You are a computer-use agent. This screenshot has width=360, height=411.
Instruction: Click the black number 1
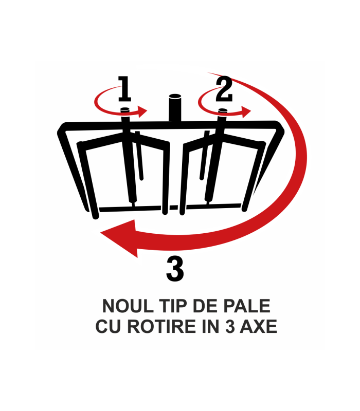point(124,88)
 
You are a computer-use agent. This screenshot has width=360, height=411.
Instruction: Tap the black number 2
point(224,88)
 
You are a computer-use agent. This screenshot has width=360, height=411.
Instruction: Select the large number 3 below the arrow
point(175,269)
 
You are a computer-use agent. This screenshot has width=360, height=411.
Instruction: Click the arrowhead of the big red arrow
point(119,238)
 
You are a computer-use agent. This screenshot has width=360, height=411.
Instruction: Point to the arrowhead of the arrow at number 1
point(142,111)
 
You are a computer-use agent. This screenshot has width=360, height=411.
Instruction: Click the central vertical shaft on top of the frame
point(175,108)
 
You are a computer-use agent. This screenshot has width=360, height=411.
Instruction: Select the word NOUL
point(128,306)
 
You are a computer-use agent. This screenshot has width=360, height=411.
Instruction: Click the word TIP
point(174,306)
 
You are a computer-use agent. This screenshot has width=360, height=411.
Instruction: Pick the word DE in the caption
point(206,306)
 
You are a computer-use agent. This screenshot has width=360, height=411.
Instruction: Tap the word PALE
point(247,306)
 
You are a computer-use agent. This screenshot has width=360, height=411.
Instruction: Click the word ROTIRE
point(162,327)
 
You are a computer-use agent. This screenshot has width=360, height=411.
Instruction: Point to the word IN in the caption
point(211,327)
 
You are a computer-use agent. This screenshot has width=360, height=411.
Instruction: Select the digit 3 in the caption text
point(230,327)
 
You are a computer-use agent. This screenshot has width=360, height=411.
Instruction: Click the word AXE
point(259,327)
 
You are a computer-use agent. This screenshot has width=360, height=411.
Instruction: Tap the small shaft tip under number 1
point(125,109)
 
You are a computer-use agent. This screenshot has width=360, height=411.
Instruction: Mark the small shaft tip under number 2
point(222,110)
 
